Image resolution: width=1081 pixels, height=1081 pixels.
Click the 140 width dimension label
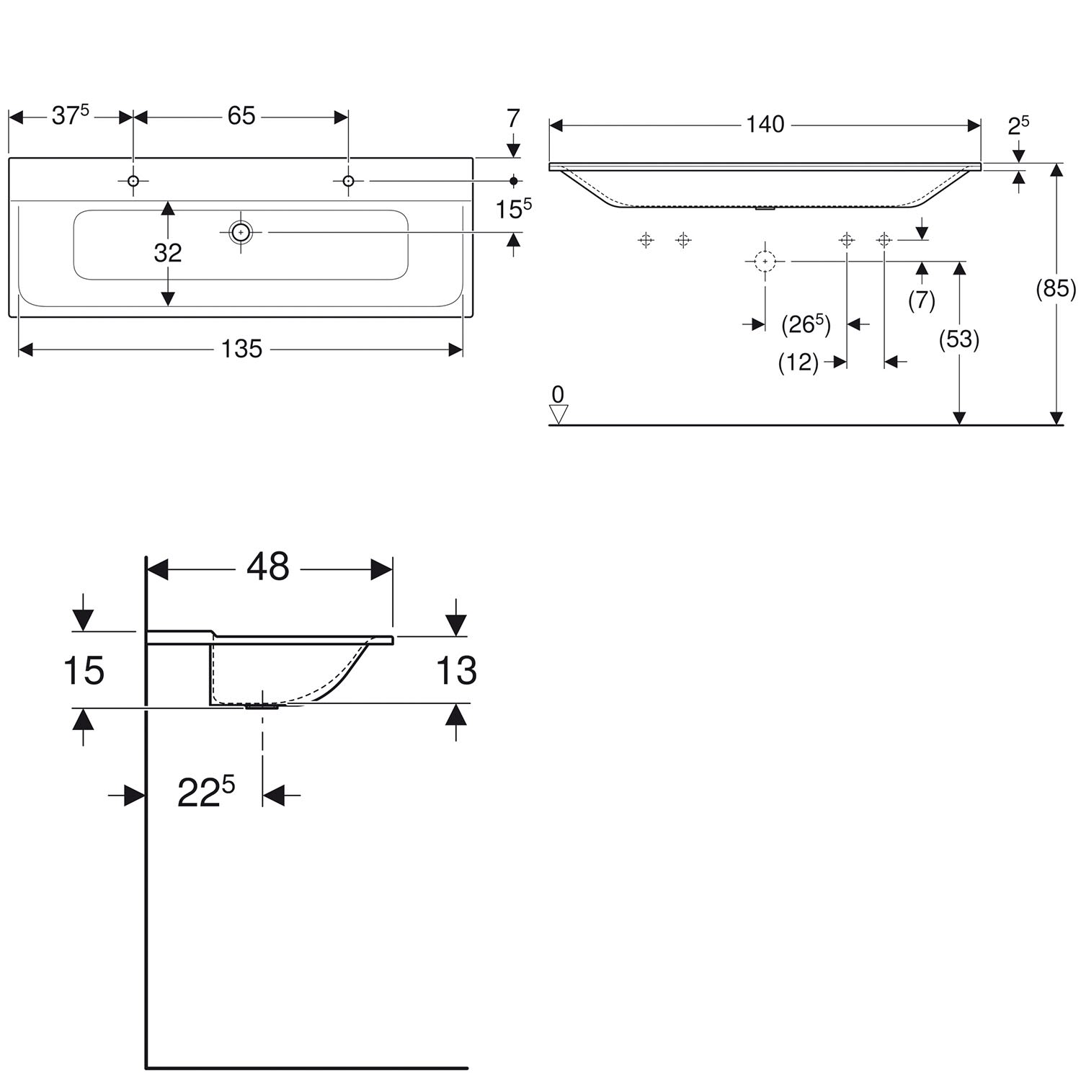pos(765,125)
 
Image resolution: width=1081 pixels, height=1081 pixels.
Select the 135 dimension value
pos(241,349)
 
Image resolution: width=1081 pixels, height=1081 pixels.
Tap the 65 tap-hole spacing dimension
pos(241,116)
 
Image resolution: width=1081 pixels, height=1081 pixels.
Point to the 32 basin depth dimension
pos(168,253)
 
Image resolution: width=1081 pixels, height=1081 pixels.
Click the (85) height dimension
pos(1056,289)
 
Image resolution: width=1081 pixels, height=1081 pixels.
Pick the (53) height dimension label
pos(959,339)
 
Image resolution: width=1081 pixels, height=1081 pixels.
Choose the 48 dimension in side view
pos(268,567)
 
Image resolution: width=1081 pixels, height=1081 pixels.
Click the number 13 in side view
pos(456,671)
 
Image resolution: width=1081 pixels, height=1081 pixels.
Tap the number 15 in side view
pos(84,671)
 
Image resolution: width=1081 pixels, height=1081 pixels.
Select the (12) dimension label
pos(798,362)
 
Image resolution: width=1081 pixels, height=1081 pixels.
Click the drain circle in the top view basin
pos(241,232)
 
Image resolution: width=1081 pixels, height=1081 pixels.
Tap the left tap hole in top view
pos(133,181)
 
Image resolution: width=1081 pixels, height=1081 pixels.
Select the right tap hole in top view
pos(348,181)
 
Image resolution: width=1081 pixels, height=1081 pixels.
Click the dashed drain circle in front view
pos(765,262)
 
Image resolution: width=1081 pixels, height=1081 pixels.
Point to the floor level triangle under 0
pos(559,414)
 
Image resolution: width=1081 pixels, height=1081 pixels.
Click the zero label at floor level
pos(558,394)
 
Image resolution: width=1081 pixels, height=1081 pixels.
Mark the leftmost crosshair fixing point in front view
pos(646,240)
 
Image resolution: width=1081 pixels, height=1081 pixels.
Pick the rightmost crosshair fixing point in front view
pos(884,240)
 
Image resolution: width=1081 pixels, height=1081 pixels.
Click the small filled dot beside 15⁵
pos(513,180)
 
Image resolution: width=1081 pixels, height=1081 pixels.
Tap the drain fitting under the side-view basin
pos(262,707)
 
